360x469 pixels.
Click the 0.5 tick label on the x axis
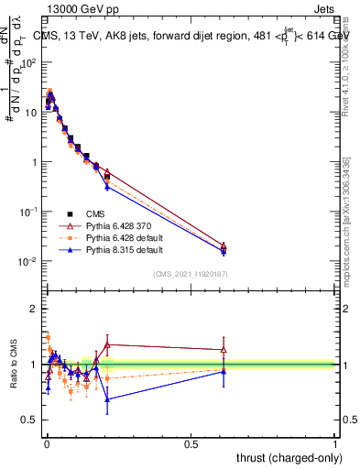pos(190,443)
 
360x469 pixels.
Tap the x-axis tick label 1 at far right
pos(335,443)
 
